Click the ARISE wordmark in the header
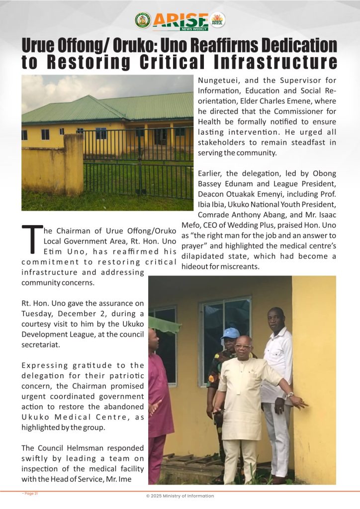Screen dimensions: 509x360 180,19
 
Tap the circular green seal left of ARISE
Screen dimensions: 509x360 143,20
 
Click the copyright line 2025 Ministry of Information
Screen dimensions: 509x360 180,496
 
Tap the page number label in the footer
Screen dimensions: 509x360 30,493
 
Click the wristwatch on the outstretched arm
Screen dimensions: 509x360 290,395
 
